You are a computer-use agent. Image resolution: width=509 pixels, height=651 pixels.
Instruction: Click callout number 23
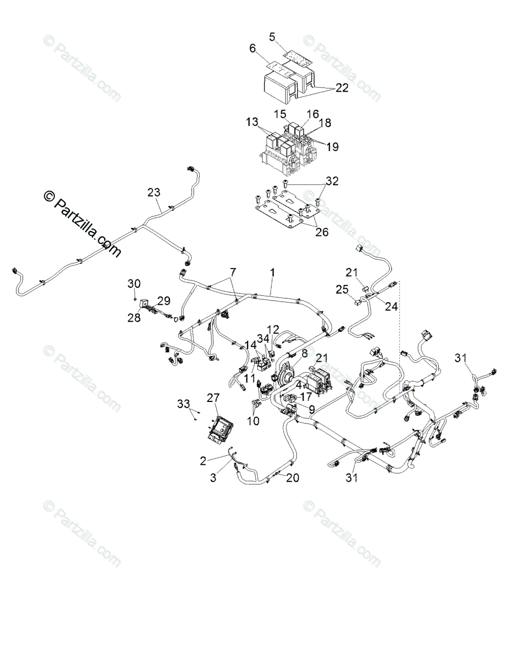154,192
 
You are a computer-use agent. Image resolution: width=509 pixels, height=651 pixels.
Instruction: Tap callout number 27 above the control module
213,397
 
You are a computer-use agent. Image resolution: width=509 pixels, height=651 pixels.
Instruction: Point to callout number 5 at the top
272,36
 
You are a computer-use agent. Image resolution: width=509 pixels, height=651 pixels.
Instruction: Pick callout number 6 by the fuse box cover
252,48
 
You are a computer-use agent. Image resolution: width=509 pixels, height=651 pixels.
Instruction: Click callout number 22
342,87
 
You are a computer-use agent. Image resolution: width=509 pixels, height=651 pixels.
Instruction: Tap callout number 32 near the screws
332,181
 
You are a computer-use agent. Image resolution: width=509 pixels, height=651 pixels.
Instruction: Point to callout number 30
134,283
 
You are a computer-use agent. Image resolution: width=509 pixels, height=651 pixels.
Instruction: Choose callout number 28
134,317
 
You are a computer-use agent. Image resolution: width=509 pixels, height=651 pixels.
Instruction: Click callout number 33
184,404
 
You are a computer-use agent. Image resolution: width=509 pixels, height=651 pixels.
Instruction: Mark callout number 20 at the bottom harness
292,478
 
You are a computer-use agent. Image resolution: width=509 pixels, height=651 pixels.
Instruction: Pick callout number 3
213,477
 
